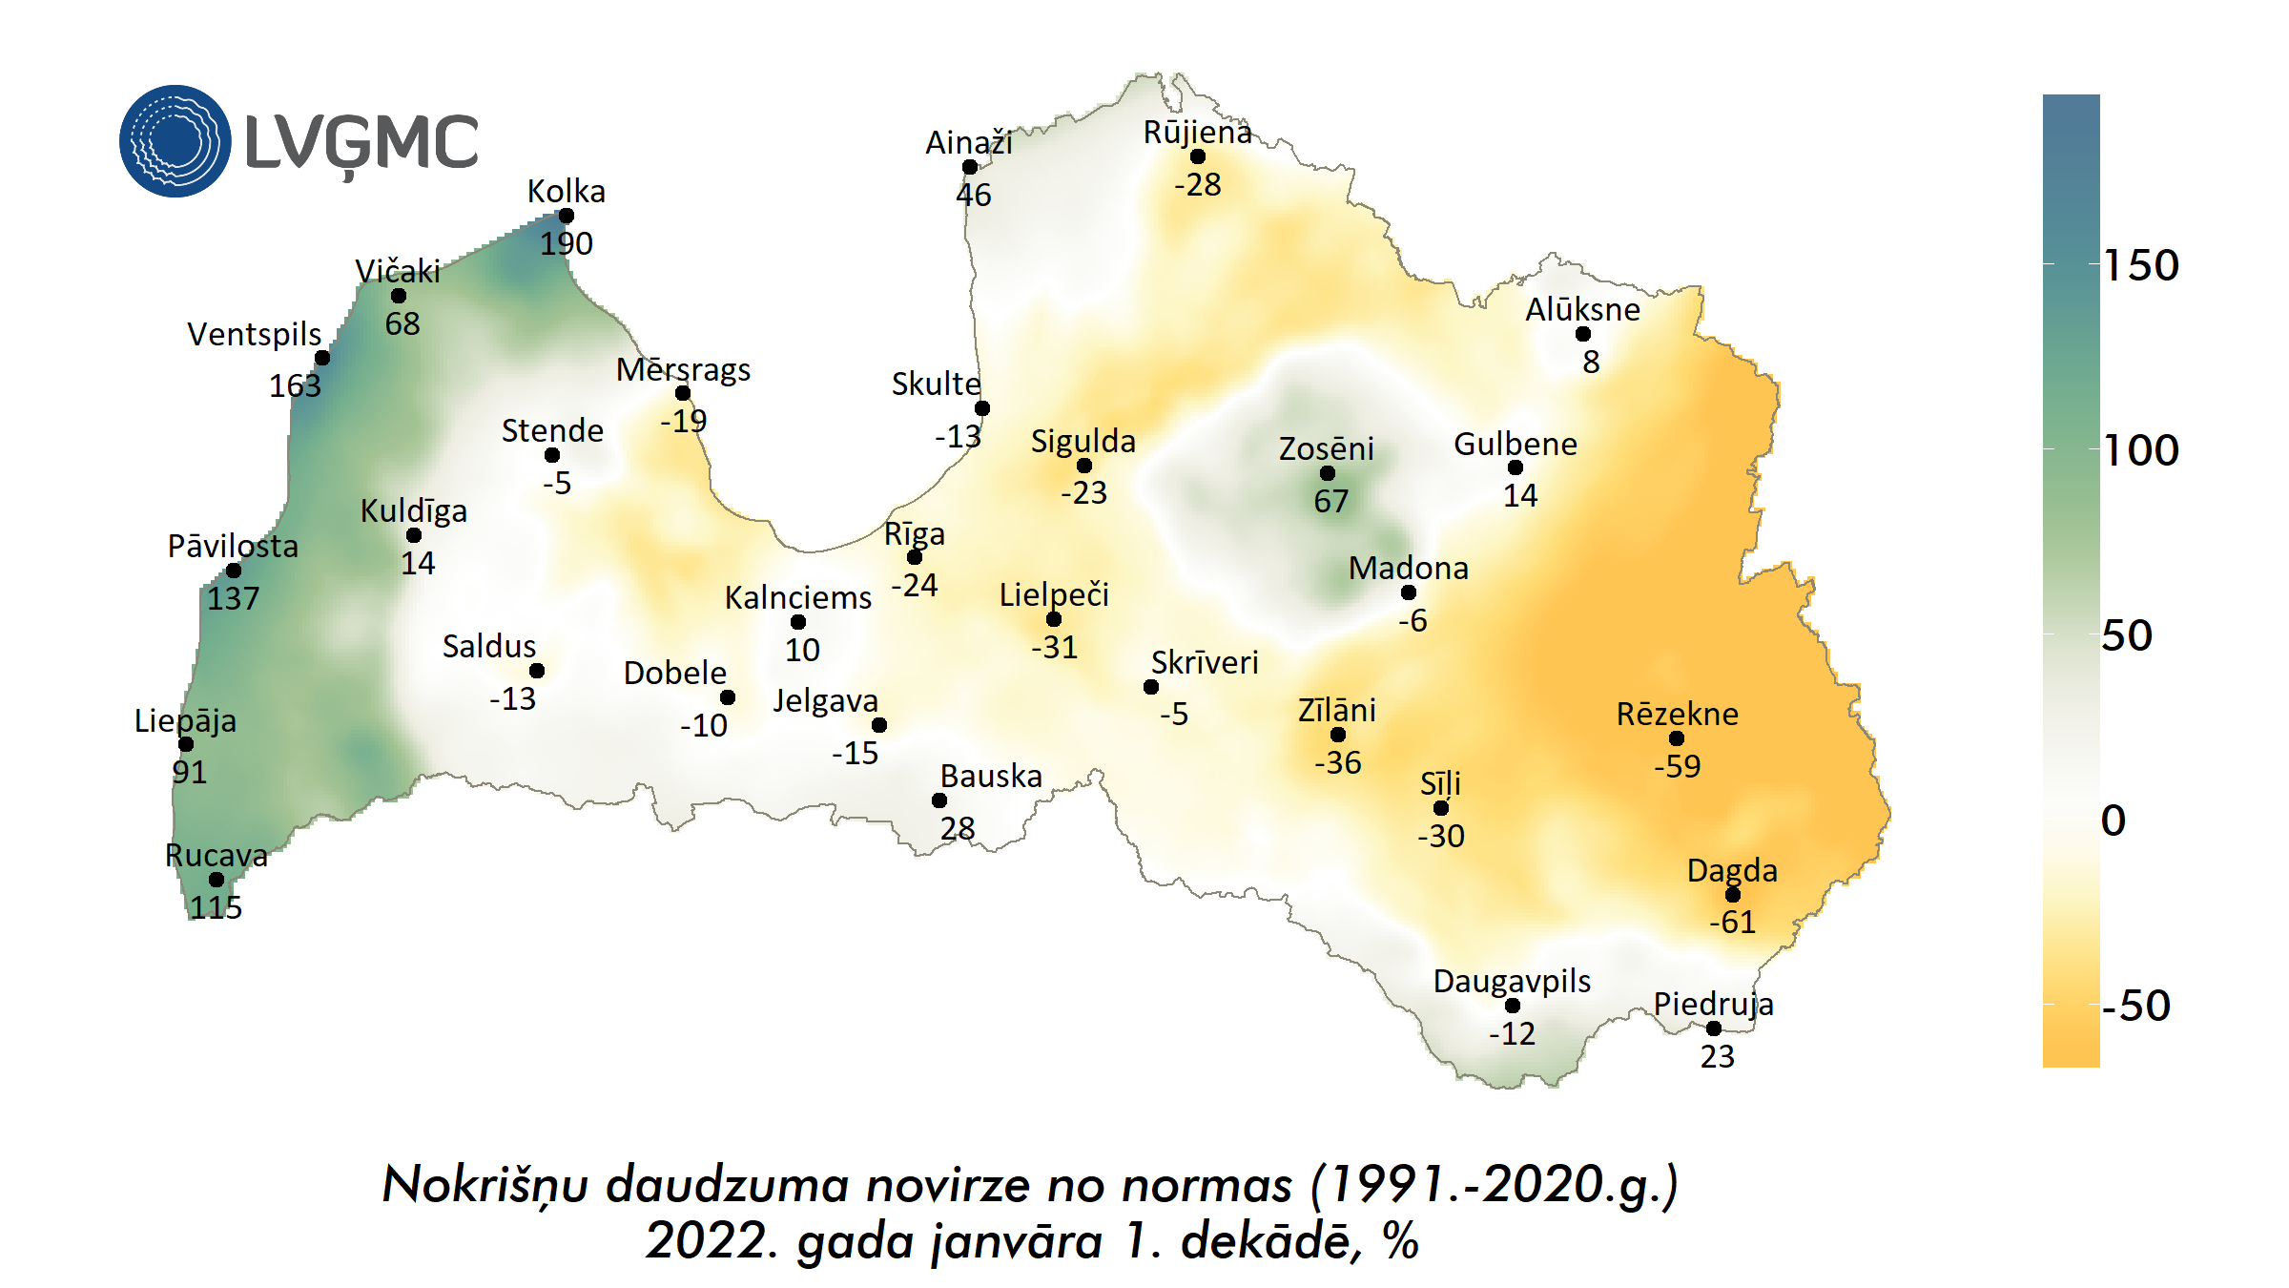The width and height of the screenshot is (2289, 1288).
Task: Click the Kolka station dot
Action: pos(566,216)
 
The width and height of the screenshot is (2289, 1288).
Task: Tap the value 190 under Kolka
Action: pos(566,244)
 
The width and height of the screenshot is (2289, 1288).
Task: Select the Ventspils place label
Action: pos(254,335)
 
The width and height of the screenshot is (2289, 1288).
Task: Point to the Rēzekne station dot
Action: pos(1677,737)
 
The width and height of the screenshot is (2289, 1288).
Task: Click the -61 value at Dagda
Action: pos(1732,922)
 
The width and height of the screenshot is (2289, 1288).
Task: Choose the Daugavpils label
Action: pos(1512,981)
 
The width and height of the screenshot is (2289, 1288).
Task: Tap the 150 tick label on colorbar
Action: pos(2141,265)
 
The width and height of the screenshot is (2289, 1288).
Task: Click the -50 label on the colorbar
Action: pos(2135,1006)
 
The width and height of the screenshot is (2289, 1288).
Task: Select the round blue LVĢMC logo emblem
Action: pos(175,141)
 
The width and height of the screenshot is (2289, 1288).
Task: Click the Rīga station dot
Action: pos(915,557)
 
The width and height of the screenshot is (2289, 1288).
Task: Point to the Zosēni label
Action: pos(1326,448)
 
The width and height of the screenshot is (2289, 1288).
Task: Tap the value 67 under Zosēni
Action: pos(1330,501)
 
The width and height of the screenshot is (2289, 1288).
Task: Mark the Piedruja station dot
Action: pos(1714,1028)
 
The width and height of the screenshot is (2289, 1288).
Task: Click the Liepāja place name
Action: pos(185,720)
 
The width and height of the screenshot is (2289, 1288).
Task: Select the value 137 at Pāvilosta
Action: pos(233,599)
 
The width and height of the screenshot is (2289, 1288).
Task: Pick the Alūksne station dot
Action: pos(1583,334)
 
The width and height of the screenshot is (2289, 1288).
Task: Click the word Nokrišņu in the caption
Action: pos(485,1186)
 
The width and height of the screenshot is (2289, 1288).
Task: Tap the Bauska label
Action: pos(991,777)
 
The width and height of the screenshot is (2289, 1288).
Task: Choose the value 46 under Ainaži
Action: pos(974,195)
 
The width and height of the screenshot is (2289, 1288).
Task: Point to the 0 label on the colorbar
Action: pos(2114,821)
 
